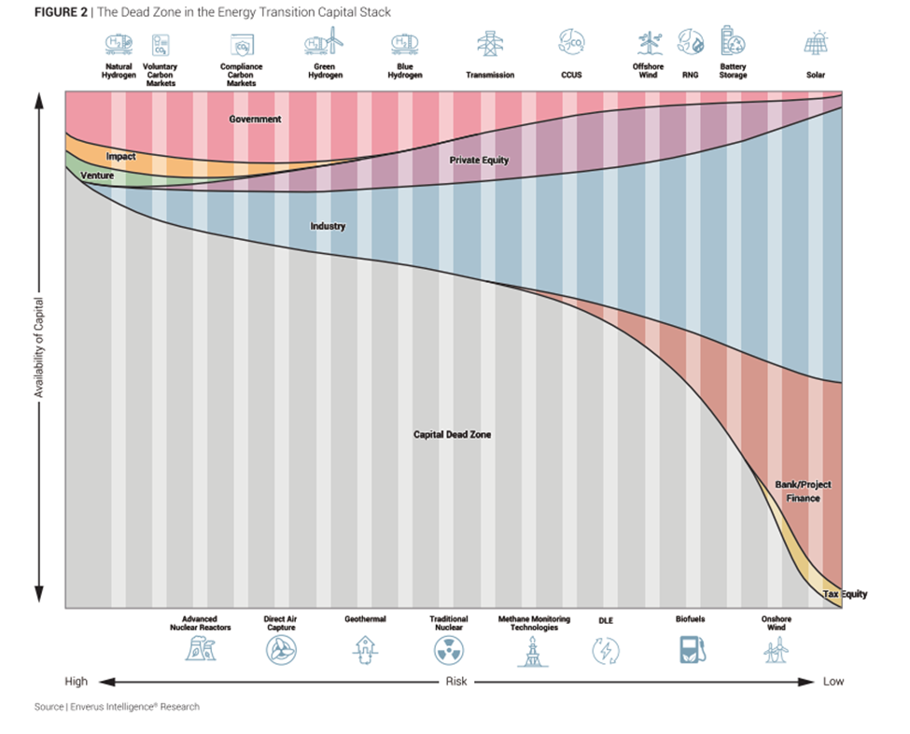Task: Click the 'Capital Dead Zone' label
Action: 452,434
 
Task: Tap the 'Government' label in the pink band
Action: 255,120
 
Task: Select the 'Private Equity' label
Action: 479,161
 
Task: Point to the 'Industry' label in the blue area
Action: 328,226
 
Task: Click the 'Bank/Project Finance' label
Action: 803,491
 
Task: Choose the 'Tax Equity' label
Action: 845,594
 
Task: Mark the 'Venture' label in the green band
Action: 97,176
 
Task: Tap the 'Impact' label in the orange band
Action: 121,157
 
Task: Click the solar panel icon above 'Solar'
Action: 816,43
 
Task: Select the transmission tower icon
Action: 488,43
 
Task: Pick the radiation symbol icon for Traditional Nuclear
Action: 449,650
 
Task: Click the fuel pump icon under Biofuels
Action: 691,649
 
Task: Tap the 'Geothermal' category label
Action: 365,619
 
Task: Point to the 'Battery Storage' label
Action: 733,71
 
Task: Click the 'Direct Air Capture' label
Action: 280,623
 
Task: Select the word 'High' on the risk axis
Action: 77,682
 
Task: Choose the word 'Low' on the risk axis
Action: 833,682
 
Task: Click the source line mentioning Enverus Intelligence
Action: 117,707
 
